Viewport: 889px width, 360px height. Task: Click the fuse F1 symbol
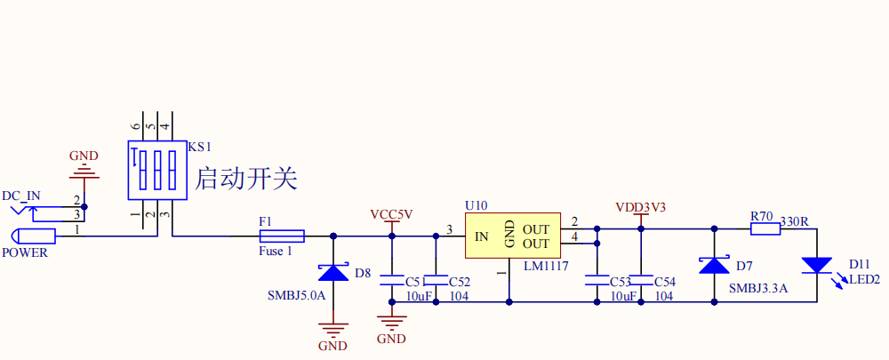pyautogui.click(x=282, y=236)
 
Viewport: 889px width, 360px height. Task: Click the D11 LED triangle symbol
pyautogui.click(x=816, y=266)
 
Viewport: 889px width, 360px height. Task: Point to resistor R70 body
pyautogui.click(x=765, y=228)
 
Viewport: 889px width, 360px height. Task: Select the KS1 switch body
pyautogui.click(x=156, y=169)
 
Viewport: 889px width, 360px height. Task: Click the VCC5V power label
pyautogui.click(x=391, y=215)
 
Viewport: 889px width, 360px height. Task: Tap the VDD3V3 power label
pyautogui.click(x=640, y=207)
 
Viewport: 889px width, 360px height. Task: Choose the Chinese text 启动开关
pyautogui.click(x=245, y=179)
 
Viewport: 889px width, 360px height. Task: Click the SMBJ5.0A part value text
pyautogui.click(x=296, y=294)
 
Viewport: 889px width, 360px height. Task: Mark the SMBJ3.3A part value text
pyautogui.click(x=758, y=288)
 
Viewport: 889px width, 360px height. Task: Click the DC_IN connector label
pyautogui.click(x=20, y=196)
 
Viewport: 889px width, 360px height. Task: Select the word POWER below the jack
pyautogui.click(x=25, y=252)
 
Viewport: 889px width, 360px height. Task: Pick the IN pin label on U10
pyautogui.click(x=481, y=236)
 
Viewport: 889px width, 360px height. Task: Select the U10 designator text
pyautogui.click(x=476, y=205)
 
